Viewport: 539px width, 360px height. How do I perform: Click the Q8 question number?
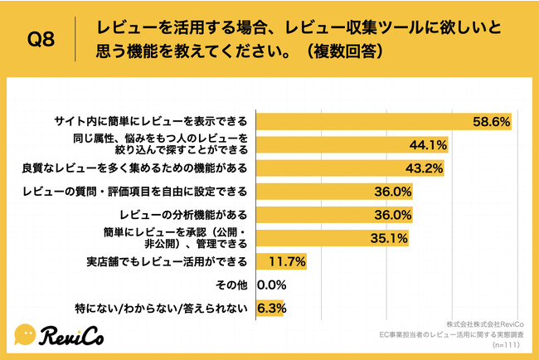pyautogui.click(x=41, y=39)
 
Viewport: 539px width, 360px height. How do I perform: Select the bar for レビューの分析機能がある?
pyautogui.click(x=336, y=216)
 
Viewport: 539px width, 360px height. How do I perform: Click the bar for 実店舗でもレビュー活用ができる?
pyautogui.click(x=283, y=262)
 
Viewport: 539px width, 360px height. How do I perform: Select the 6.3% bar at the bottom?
pyautogui.click(x=271, y=308)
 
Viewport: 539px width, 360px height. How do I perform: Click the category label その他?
pyautogui.click(x=232, y=285)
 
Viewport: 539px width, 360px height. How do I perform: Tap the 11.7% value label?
pyautogui.click(x=289, y=262)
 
